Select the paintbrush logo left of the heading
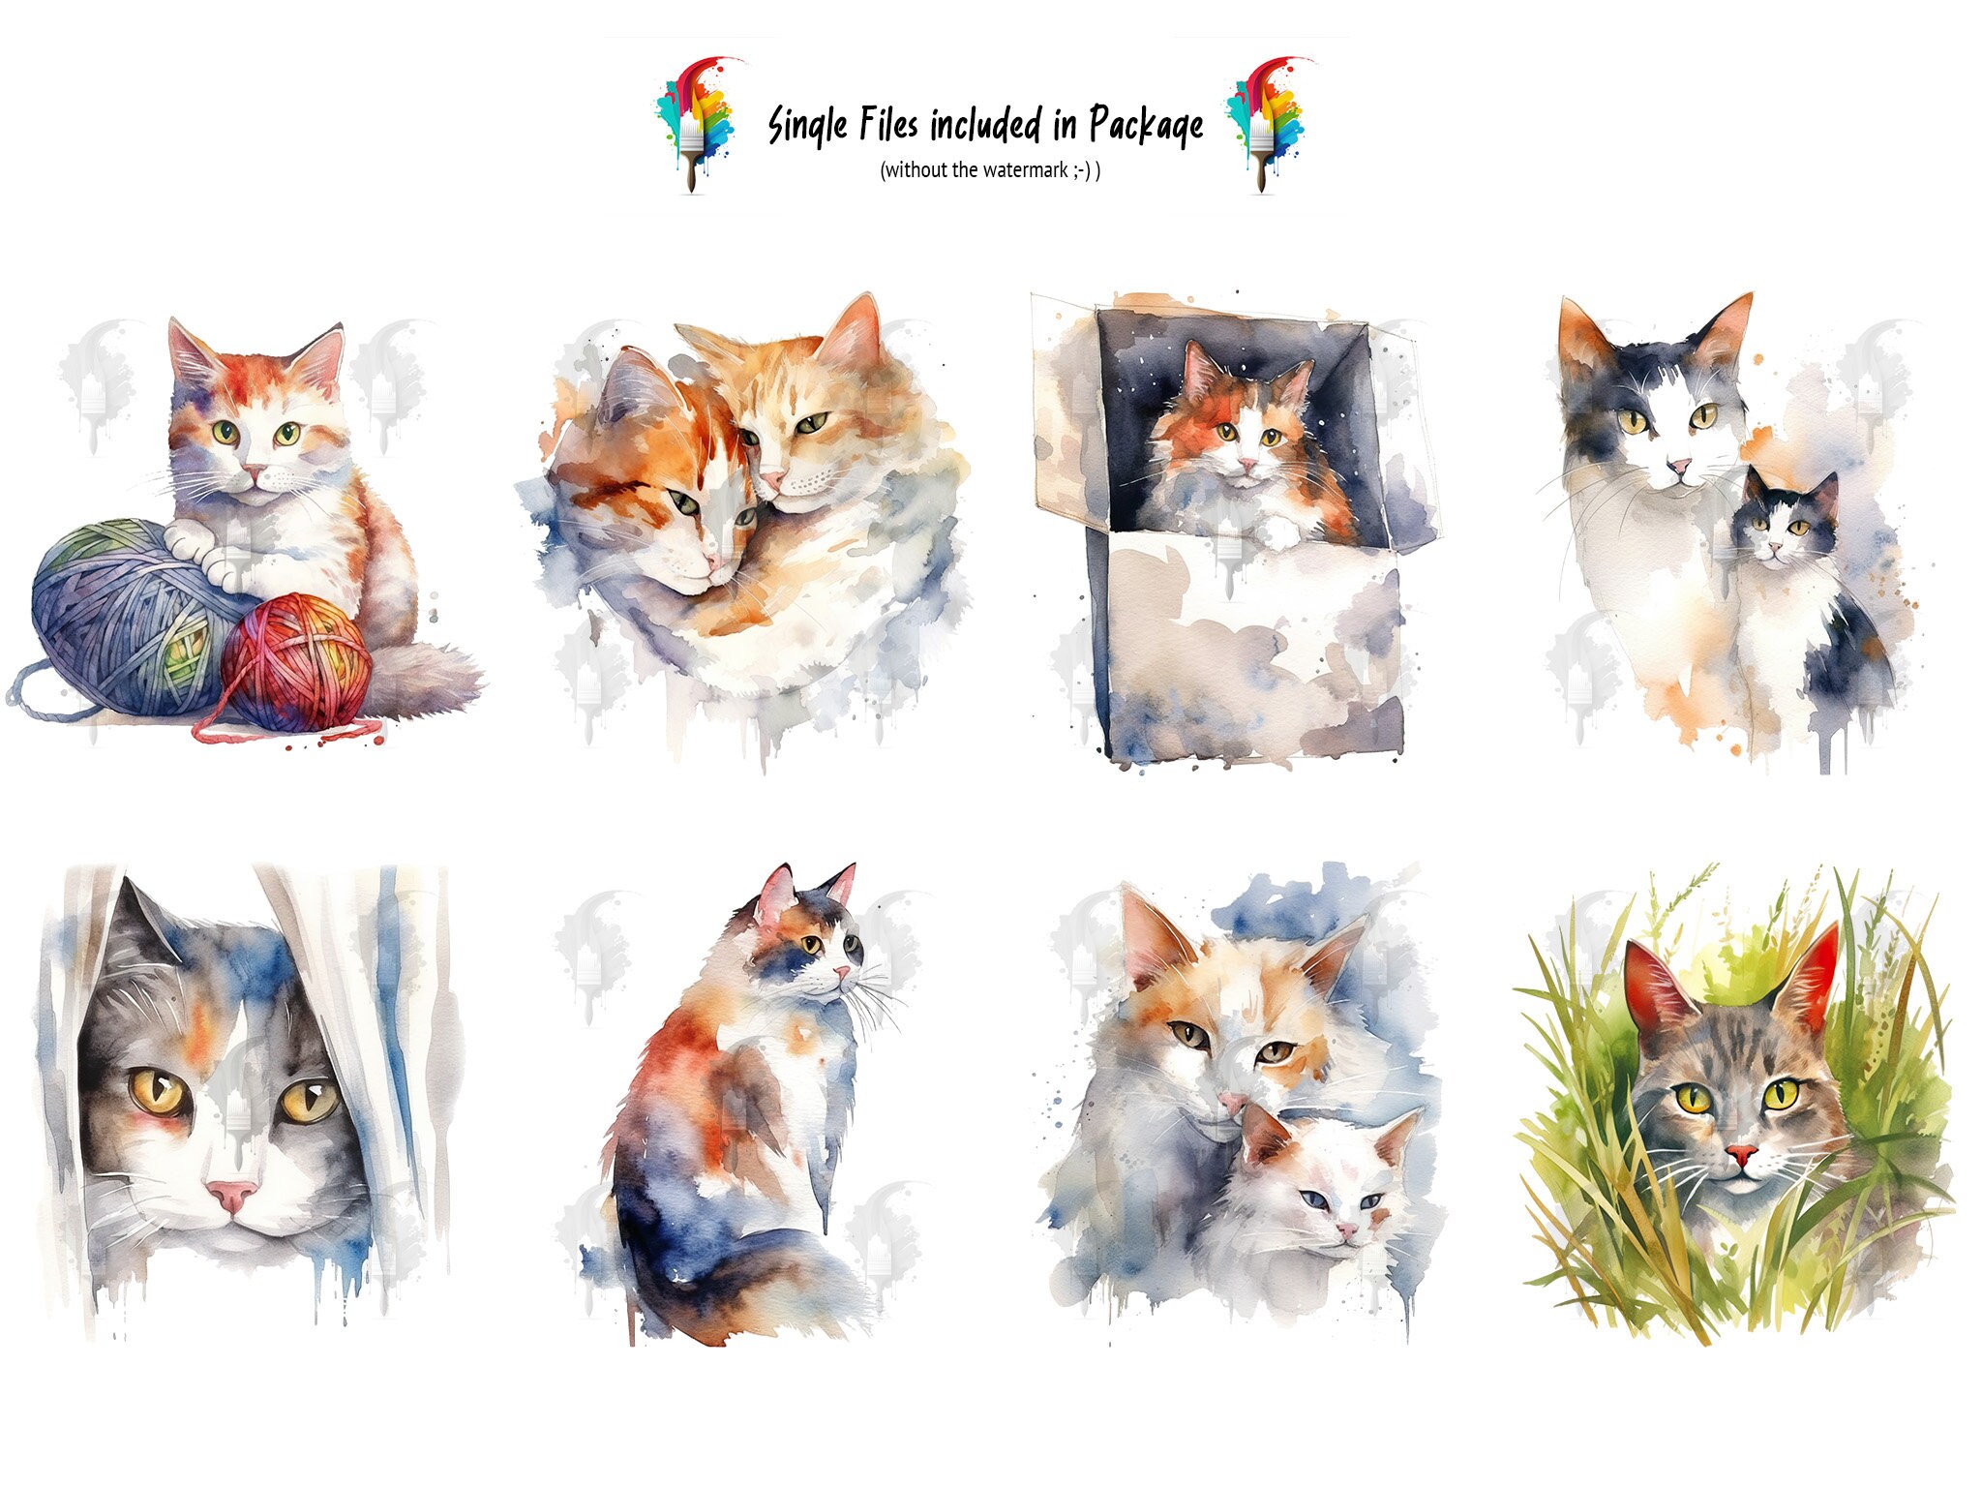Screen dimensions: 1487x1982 695,123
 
